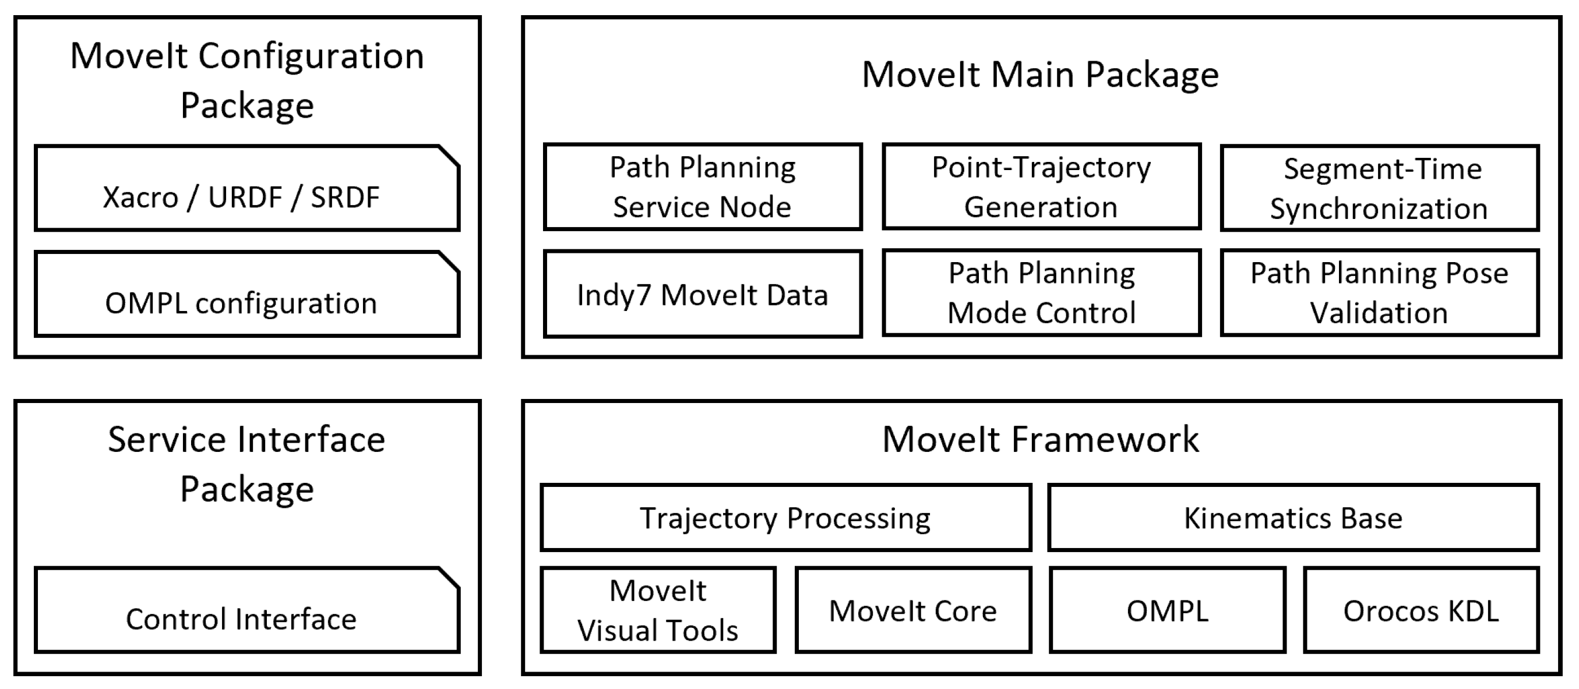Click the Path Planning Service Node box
703,187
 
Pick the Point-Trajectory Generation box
1041,187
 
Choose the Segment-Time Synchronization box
1379,188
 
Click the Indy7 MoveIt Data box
703,294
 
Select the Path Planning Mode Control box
1041,293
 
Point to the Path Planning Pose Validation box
1379,293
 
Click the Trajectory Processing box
785,518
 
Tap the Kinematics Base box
1293,518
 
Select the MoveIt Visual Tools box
658,610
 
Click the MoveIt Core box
912,610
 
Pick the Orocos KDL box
1421,610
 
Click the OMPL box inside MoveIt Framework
1167,610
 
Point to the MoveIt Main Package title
1040,75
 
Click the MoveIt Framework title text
1040,439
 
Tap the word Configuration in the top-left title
311,56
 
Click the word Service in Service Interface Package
168,440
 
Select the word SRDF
345,197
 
